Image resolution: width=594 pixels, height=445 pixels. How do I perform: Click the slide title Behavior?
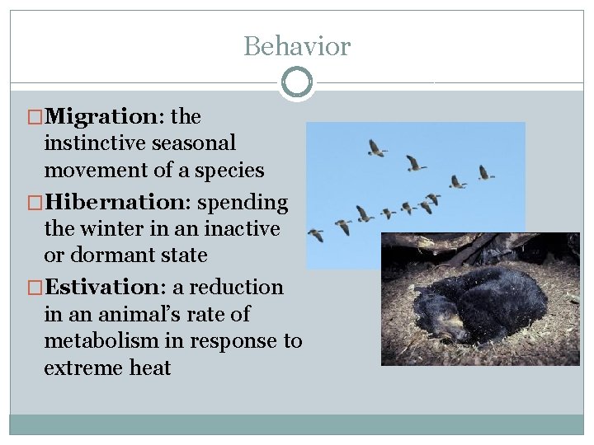tap(297, 46)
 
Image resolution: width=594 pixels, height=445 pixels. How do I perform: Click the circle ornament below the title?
tap(297, 82)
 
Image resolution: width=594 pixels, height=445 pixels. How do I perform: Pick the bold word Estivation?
tap(106, 288)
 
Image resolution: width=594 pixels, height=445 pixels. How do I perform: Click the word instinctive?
tap(95, 143)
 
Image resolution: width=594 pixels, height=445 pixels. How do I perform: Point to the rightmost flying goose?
tap(486, 172)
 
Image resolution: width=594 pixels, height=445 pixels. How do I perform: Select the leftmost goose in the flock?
tap(316, 236)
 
